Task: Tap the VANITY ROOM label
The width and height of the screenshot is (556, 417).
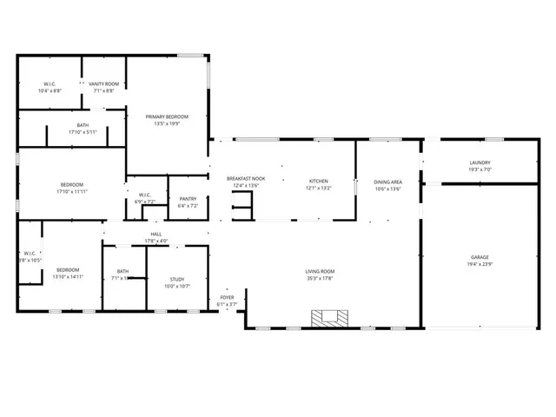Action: (x=103, y=83)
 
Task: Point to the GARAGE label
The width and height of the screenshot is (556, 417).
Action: (x=480, y=257)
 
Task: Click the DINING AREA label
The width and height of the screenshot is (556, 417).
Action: (x=387, y=182)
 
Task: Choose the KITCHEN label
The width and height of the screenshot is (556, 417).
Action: (x=318, y=181)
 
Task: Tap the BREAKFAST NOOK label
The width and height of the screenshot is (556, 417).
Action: (x=246, y=178)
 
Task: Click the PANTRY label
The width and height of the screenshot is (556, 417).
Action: (x=188, y=199)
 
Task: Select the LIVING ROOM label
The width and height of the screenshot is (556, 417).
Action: (x=320, y=271)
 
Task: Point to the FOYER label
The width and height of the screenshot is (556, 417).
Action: (x=226, y=297)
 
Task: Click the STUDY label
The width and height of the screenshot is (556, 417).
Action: (x=176, y=278)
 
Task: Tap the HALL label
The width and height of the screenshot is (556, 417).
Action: (x=156, y=234)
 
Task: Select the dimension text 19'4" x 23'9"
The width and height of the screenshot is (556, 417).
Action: (x=480, y=264)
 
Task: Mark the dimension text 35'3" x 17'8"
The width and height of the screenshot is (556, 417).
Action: (x=320, y=278)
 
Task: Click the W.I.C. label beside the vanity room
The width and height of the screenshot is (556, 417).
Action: (x=50, y=83)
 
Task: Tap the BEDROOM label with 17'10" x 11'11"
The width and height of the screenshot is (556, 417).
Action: (x=71, y=183)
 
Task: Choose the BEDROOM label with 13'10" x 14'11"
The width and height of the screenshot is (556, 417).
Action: (x=68, y=269)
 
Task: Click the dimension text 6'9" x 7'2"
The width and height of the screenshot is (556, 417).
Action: (x=144, y=202)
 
